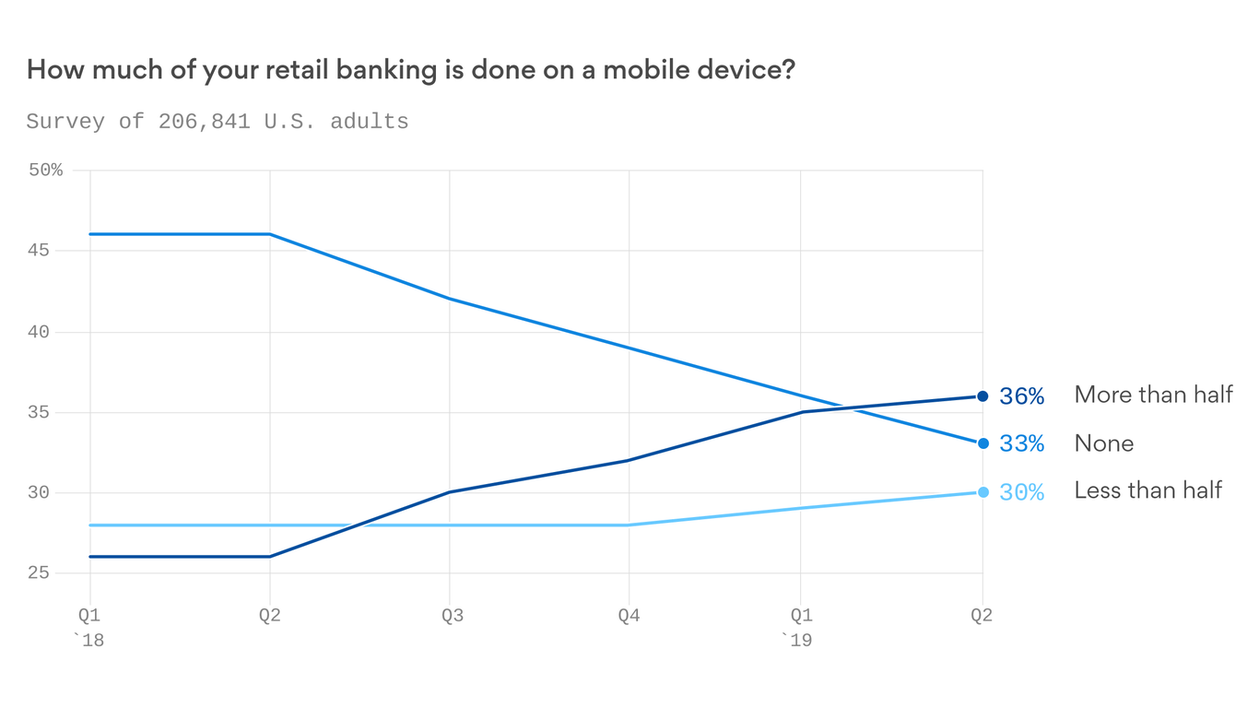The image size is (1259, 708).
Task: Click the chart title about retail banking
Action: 410,70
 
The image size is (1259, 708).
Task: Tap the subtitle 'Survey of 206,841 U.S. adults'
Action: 218,122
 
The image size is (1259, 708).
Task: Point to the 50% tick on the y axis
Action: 45,171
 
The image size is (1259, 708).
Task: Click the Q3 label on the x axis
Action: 452,616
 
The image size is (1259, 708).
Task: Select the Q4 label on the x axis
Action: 629,616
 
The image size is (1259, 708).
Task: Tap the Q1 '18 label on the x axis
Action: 89,627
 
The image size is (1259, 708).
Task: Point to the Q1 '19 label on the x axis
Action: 799,627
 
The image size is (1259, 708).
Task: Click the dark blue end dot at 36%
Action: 982,396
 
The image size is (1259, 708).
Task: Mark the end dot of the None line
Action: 982,443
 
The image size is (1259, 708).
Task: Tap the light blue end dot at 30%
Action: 982,492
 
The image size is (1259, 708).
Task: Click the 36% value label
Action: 1021,396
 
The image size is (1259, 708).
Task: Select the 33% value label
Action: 1021,444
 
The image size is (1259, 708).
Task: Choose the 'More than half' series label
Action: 1153,395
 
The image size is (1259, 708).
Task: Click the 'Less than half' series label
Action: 1147,490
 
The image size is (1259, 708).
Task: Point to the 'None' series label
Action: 1103,443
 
